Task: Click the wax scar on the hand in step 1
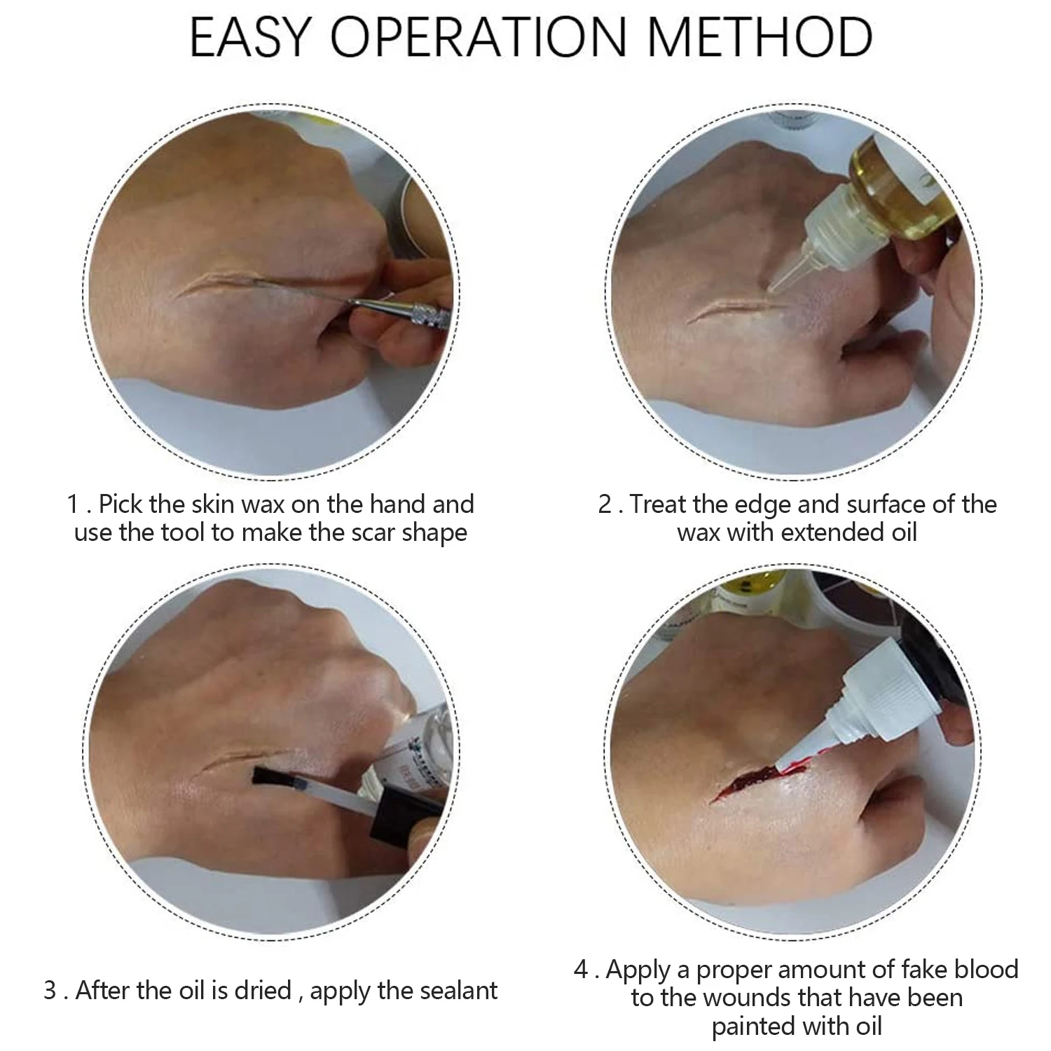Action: [224, 284]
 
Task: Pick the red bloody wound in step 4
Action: [746, 781]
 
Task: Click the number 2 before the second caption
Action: [605, 504]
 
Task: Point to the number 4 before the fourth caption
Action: [582, 970]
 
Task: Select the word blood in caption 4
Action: [985, 970]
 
